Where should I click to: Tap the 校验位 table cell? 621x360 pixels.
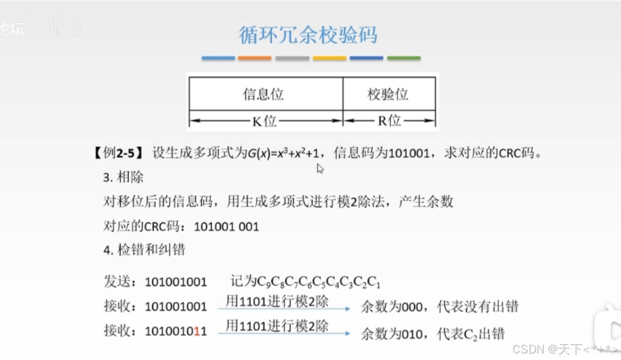388,94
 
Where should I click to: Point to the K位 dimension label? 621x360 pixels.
264,121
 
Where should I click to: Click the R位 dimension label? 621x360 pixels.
389,121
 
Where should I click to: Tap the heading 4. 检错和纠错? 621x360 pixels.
144,250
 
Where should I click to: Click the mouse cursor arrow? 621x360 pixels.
319,168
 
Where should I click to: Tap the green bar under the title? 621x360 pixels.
403,58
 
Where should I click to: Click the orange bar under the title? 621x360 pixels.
255,58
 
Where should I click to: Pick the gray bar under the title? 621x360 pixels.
292,58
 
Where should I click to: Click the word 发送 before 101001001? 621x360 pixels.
117,281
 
